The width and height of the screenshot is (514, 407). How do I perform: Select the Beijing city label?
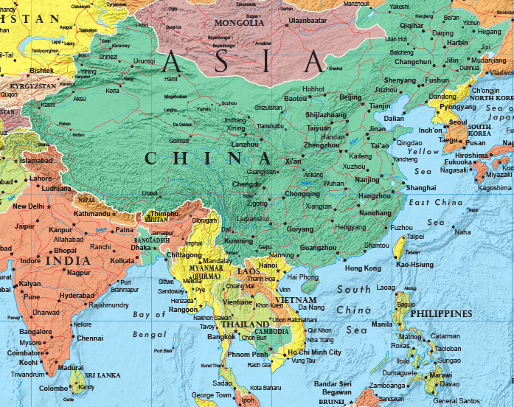click(x=350, y=97)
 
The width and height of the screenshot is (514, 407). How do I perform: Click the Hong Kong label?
click(x=363, y=268)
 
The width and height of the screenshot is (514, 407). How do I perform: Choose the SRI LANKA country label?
click(x=103, y=375)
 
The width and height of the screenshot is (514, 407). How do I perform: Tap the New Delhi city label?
click(x=29, y=206)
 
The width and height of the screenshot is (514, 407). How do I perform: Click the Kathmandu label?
click(x=91, y=214)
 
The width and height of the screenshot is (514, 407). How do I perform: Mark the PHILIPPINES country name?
click(x=442, y=314)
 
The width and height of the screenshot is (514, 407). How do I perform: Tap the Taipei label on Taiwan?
click(x=415, y=237)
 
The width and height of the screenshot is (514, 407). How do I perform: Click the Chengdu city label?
click(x=247, y=184)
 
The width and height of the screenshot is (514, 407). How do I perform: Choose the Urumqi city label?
click(x=145, y=60)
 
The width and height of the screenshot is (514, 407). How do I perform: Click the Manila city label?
click(x=381, y=324)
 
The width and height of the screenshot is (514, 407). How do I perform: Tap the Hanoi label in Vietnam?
click(x=267, y=265)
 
